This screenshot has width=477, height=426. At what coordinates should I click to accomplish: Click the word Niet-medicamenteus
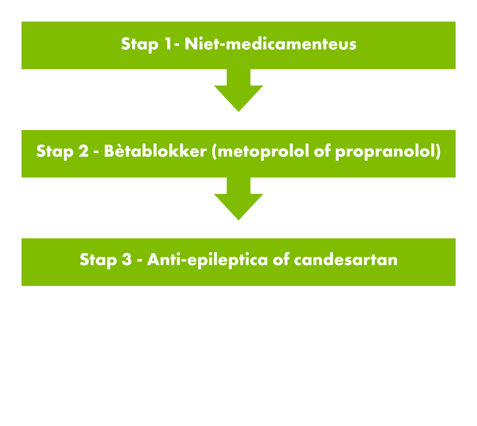tap(270, 44)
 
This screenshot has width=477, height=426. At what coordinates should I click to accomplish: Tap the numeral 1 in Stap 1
tap(168, 44)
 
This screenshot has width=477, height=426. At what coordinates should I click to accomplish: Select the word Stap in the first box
tap(140, 45)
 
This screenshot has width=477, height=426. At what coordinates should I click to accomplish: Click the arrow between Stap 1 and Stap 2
tap(238, 90)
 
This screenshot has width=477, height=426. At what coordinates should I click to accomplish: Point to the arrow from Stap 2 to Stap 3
tap(238, 199)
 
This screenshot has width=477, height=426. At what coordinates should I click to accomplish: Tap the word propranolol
tap(385, 152)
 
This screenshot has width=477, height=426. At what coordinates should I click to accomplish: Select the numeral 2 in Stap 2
tap(83, 151)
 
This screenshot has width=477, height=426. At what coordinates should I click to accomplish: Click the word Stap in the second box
tap(55, 152)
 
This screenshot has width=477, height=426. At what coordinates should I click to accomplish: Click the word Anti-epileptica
tap(207, 260)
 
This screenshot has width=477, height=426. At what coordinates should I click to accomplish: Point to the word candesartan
tap(345, 260)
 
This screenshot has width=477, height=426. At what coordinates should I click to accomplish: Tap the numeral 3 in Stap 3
tap(127, 260)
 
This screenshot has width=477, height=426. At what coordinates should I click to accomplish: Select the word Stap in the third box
tap(98, 260)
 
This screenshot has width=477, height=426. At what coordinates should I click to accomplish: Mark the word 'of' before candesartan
tap(281, 259)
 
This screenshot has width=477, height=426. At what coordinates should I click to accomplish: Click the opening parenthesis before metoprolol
tap(214, 152)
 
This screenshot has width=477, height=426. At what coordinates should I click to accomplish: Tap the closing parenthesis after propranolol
tap(438, 152)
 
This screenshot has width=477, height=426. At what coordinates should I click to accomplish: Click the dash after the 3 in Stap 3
tap(140, 261)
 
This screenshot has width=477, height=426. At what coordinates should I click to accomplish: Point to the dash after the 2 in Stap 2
tap(96, 152)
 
